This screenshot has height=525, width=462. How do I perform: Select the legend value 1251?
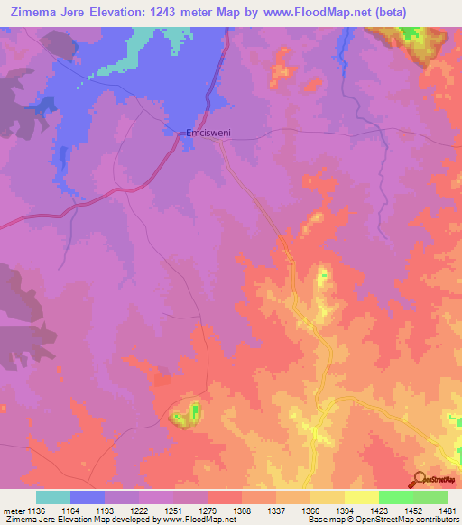click(x=173, y=510)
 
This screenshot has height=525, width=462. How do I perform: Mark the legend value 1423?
click(x=379, y=510)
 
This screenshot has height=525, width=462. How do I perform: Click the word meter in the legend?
click(x=13, y=510)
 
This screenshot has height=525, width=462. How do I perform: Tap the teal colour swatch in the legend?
click(x=53, y=497)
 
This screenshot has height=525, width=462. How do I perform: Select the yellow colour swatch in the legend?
click(x=362, y=497)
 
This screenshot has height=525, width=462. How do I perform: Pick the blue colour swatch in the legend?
click(x=88, y=497)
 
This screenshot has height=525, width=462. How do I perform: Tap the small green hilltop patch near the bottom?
click(x=195, y=414)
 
